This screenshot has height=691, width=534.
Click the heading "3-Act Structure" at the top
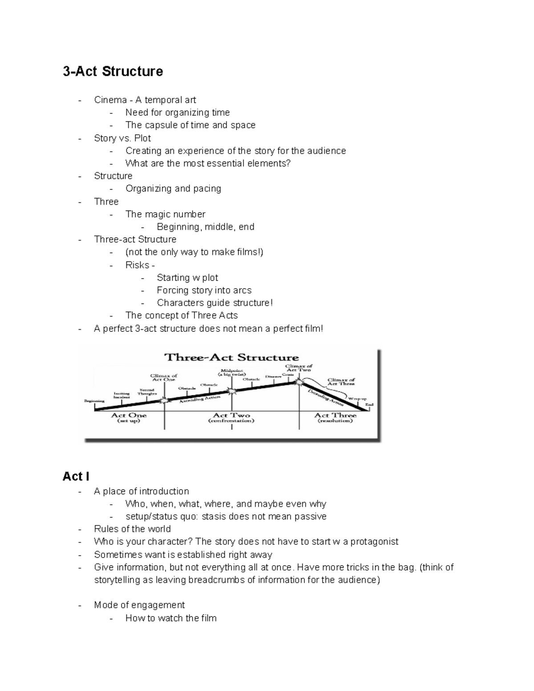(113, 71)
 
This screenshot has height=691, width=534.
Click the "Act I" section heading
(76, 477)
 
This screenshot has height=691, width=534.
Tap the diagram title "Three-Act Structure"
(231, 357)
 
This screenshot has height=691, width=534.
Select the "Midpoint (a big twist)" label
(232, 372)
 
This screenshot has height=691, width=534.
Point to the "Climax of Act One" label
(164, 377)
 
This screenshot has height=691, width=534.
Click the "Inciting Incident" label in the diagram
(121, 395)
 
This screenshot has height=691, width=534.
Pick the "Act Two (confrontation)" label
(231, 418)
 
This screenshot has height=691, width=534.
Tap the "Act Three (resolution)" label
(335, 418)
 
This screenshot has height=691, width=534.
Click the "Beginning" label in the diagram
(94, 401)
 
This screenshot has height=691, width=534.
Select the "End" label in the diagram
(369, 404)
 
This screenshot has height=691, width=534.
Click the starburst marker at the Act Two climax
(300, 382)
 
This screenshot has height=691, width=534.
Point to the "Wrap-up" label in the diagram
(357, 399)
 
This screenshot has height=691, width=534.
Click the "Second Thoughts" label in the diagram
(147, 392)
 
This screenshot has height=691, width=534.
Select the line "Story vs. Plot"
(122, 138)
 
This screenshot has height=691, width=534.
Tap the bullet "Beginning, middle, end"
(205, 227)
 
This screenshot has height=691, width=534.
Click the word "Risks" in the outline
(137, 265)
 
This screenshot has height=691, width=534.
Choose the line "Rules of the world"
(132, 529)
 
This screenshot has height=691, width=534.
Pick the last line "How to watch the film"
(171, 618)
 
